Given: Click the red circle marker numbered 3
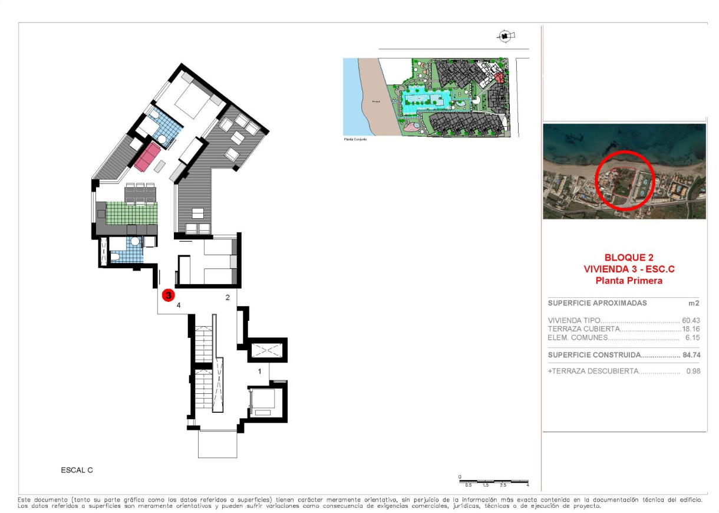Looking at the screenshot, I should pyautogui.click(x=168, y=294).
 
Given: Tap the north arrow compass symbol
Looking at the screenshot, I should pyautogui.click(x=505, y=37).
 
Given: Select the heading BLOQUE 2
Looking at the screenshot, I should pyautogui.click(x=629, y=258).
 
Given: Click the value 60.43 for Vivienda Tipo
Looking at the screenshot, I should pyautogui.click(x=691, y=321).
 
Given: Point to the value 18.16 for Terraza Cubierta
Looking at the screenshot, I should pyautogui.click(x=691, y=329).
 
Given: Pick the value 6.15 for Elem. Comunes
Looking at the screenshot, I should pyautogui.click(x=692, y=338).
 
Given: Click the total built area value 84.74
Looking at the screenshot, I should pyautogui.click(x=690, y=355).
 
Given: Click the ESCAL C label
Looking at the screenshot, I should pyautogui.click(x=77, y=471).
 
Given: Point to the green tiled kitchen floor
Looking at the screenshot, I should pyautogui.click(x=132, y=212).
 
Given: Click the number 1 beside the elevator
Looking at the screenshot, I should pyautogui.click(x=260, y=371).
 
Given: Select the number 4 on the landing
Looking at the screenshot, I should pyautogui.click(x=178, y=304).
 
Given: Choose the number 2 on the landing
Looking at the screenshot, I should pyautogui.click(x=227, y=298).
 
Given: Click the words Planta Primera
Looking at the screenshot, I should pyautogui.click(x=629, y=281).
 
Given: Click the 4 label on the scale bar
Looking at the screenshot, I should pyautogui.click(x=527, y=485).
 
